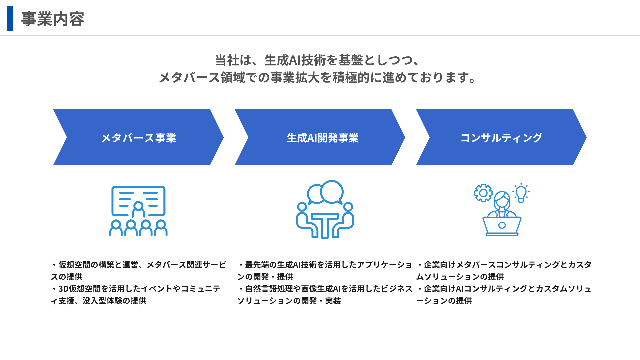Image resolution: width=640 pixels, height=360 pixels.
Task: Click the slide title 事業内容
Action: coord(53,19)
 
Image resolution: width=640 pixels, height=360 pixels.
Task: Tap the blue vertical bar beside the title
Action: coord(10,18)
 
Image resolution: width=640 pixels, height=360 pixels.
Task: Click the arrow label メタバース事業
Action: coord(138,138)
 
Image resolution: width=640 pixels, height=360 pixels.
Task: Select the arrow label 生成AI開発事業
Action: coord(322,138)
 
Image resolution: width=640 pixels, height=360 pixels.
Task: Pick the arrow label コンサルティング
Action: coord(501,138)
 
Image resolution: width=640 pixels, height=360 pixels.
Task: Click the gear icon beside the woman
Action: coord(483,193)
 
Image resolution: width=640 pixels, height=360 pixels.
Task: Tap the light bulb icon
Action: coord(521,193)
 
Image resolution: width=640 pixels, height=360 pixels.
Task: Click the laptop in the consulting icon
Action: coord(502,226)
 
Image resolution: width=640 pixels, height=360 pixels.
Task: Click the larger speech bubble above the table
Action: coord(332,192)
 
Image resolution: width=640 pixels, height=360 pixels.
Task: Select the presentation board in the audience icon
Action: coord(138,201)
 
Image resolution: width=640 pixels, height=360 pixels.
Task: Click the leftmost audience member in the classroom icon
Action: coord(116,228)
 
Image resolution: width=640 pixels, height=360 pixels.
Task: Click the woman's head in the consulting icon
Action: coord(502,199)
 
